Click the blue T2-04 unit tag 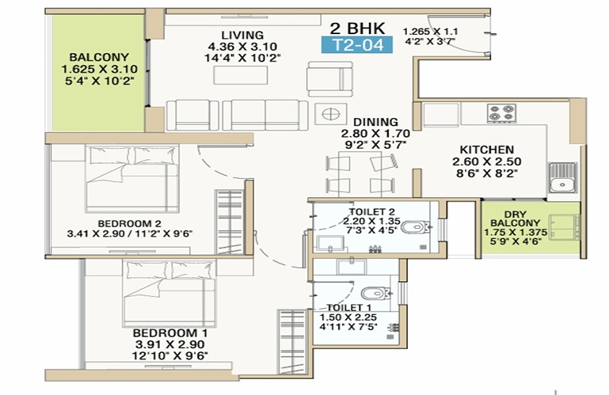click(357, 44)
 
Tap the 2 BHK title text click(358, 28)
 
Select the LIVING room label click(242, 35)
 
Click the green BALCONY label click(99, 57)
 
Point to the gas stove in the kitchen click(502, 113)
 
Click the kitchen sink click(562, 177)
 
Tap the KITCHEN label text click(487, 150)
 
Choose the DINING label click(375, 122)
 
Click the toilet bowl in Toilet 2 click(416, 226)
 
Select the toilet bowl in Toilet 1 click(376, 293)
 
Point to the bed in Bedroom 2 click(132, 178)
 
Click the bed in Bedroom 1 click(169, 294)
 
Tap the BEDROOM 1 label click(170, 332)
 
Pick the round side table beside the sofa click(330, 114)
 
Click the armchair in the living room click(330, 79)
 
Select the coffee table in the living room click(241, 75)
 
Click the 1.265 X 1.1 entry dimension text click(430, 32)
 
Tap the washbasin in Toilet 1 click(352, 268)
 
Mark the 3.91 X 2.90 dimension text click(170, 344)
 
